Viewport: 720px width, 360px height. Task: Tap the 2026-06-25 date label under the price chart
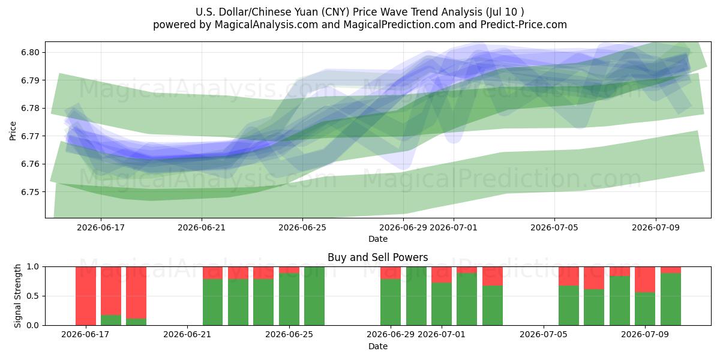(x=302, y=227)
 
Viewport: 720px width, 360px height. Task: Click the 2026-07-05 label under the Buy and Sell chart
(x=544, y=334)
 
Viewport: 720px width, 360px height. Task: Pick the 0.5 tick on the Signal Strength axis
(x=32, y=296)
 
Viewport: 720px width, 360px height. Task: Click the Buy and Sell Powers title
(x=377, y=257)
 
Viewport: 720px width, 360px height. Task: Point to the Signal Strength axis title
(x=17, y=296)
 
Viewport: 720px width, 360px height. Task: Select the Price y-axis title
(x=13, y=131)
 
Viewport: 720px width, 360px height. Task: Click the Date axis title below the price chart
(x=377, y=239)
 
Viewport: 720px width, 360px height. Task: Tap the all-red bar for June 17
(x=86, y=296)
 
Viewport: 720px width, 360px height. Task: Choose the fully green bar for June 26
(x=314, y=296)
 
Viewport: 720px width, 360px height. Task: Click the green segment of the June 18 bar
(x=111, y=320)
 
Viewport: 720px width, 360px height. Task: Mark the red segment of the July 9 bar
(x=645, y=280)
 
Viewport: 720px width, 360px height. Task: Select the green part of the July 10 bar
(x=671, y=299)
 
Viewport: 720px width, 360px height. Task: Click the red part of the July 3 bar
(x=493, y=276)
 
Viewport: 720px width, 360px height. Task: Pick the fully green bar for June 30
(x=416, y=296)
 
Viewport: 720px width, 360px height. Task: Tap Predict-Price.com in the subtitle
(x=524, y=25)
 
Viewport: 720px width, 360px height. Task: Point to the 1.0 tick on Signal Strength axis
(x=32, y=266)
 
